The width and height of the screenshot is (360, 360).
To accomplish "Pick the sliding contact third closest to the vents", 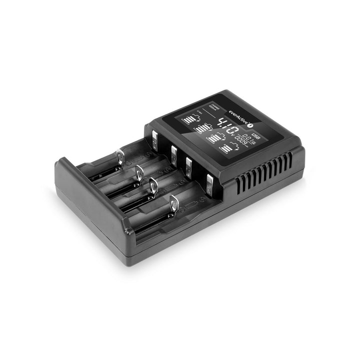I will [138, 172].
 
